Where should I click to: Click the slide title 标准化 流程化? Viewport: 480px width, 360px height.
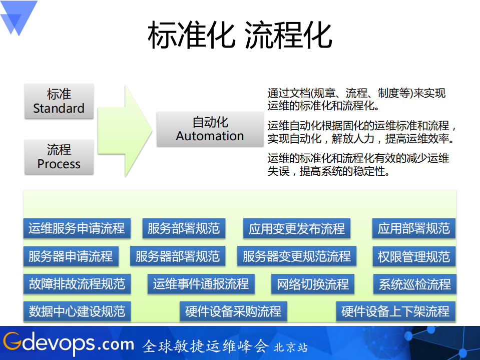click(240, 35)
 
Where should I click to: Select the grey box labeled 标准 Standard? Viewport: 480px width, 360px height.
click(59, 101)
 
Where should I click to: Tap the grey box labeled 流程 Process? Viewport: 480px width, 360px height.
click(59, 157)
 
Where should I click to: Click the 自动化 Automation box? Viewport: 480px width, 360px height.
click(210, 129)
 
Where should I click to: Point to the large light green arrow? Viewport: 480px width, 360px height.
click(125, 130)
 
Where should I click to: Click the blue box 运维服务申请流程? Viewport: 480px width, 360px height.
click(77, 229)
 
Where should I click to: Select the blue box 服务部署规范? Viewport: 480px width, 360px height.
click(184, 229)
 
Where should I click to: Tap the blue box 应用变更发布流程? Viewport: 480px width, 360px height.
click(297, 229)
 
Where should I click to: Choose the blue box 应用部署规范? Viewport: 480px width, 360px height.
click(413, 229)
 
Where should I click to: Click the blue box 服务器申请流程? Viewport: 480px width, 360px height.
click(71, 257)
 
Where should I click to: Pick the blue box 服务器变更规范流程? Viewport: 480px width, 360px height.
click(297, 257)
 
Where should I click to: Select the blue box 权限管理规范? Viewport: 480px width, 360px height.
click(413, 257)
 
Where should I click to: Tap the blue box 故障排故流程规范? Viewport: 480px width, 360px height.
click(77, 284)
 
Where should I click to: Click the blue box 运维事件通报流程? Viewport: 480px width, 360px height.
click(201, 284)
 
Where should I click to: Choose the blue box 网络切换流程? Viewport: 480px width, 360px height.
click(313, 284)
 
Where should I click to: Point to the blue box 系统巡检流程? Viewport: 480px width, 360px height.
click(414, 284)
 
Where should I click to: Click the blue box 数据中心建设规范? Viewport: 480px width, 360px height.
click(77, 311)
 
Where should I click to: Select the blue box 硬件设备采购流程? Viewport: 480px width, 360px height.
click(233, 311)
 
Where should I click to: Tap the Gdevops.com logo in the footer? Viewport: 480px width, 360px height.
click(68, 344)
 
